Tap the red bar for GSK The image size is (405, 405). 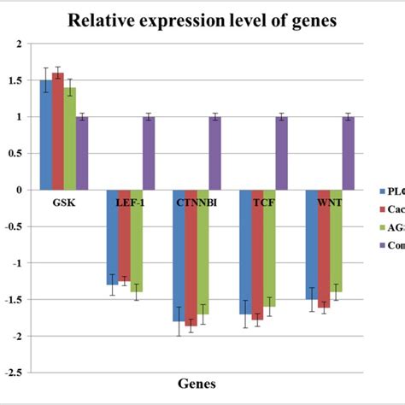[x=57, y=132]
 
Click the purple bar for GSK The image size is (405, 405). [x=82, y=154]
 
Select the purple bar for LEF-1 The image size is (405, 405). [x=149, y=154]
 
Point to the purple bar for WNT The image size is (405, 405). [x=348, y=154]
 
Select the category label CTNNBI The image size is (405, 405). [x=196, y=202]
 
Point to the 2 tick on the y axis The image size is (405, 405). [x=19, y=44]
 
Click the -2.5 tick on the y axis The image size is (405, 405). [x=14, y=373]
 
